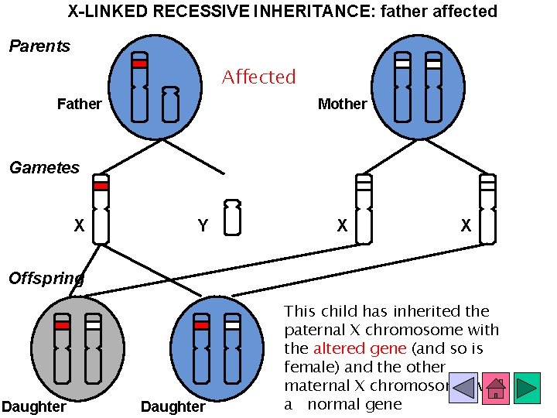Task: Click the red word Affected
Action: (x=258, y=77)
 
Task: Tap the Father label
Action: (x=79, y=104)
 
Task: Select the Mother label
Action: (x=342, y=104)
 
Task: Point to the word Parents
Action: (x=39, y=46)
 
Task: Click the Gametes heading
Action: (x=44, y=168)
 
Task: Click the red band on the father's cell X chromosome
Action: (x=139, y=63)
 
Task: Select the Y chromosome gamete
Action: (x=232, y=218)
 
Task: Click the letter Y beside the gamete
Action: (x=203, y=226)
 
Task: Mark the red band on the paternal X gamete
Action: (x=101, y=186)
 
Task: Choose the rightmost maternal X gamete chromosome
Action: (x=487, y=209)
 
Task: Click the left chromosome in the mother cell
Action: (x=402, y=87)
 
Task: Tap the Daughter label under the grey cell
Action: (x=33, y=407)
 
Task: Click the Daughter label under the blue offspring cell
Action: (x=173, y=407)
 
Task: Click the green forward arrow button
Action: (x=527, y=388)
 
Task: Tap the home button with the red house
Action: (x=495, y=388)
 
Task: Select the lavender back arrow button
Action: (x=463, y=388)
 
